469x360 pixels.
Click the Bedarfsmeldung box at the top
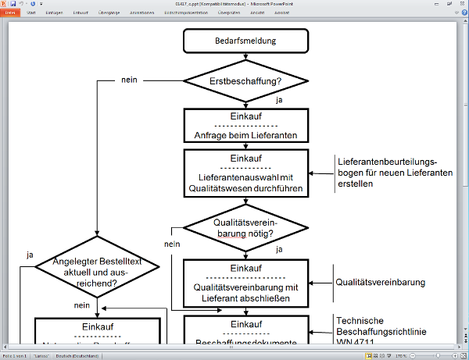(245, 41)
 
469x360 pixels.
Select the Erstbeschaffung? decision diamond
(245, 80)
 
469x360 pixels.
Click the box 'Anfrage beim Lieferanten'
(245, 126)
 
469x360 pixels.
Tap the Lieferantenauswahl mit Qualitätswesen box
(245, 172)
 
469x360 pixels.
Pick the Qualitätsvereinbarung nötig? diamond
(245, 226)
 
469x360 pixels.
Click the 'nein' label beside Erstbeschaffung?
(131, 80)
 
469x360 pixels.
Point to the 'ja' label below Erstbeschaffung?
(279, 100)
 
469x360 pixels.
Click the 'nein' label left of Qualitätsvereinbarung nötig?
(173, 244)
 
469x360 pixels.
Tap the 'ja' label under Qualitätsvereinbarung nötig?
(279, 249)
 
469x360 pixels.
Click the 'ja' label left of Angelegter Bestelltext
(29, 255)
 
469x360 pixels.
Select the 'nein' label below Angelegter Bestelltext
(82, 305)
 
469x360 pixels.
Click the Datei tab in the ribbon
(10, 12)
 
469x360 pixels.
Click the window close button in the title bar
(462, 4)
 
